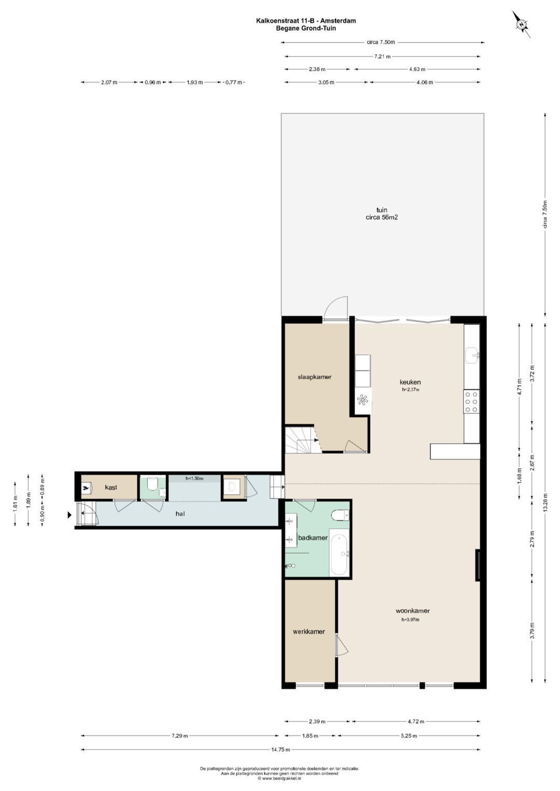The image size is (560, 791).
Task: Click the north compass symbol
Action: [x=522, y=24]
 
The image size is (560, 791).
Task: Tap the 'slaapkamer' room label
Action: [x=314, y=377]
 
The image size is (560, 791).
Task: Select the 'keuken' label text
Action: [x=410, y=382]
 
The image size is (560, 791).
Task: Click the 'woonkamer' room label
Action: [x=412, y=611]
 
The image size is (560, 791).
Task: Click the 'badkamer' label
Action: [x=313, y=538]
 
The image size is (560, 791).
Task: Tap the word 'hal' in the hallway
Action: [x=180, y=514]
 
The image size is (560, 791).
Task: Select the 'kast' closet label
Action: [x=111, y=487]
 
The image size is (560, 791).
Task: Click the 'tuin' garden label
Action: [x=382, y=210]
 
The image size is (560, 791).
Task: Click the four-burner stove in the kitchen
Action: [x=472, y=401]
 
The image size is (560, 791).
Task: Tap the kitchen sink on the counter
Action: [x=472, y=355]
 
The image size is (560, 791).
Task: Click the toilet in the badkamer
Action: [x=341, y=515]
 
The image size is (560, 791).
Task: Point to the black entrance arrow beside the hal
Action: [x=69, y=515]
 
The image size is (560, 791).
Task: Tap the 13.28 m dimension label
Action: [x=545, y=502]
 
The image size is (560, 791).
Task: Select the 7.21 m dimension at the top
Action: [x=383, y=56]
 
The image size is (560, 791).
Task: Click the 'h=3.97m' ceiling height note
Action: [x=411, y=620]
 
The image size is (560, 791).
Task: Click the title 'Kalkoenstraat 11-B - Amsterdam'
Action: [x=306, y=21]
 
